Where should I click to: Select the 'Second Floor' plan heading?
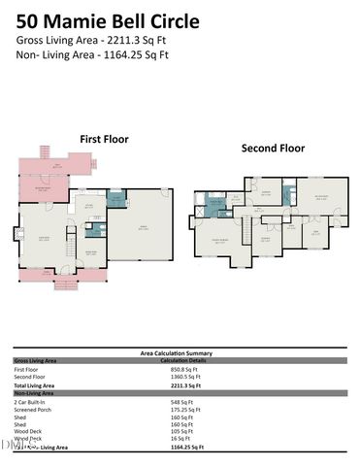[x=273, y=149]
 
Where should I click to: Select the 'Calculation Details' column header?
[x=185, y=360]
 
